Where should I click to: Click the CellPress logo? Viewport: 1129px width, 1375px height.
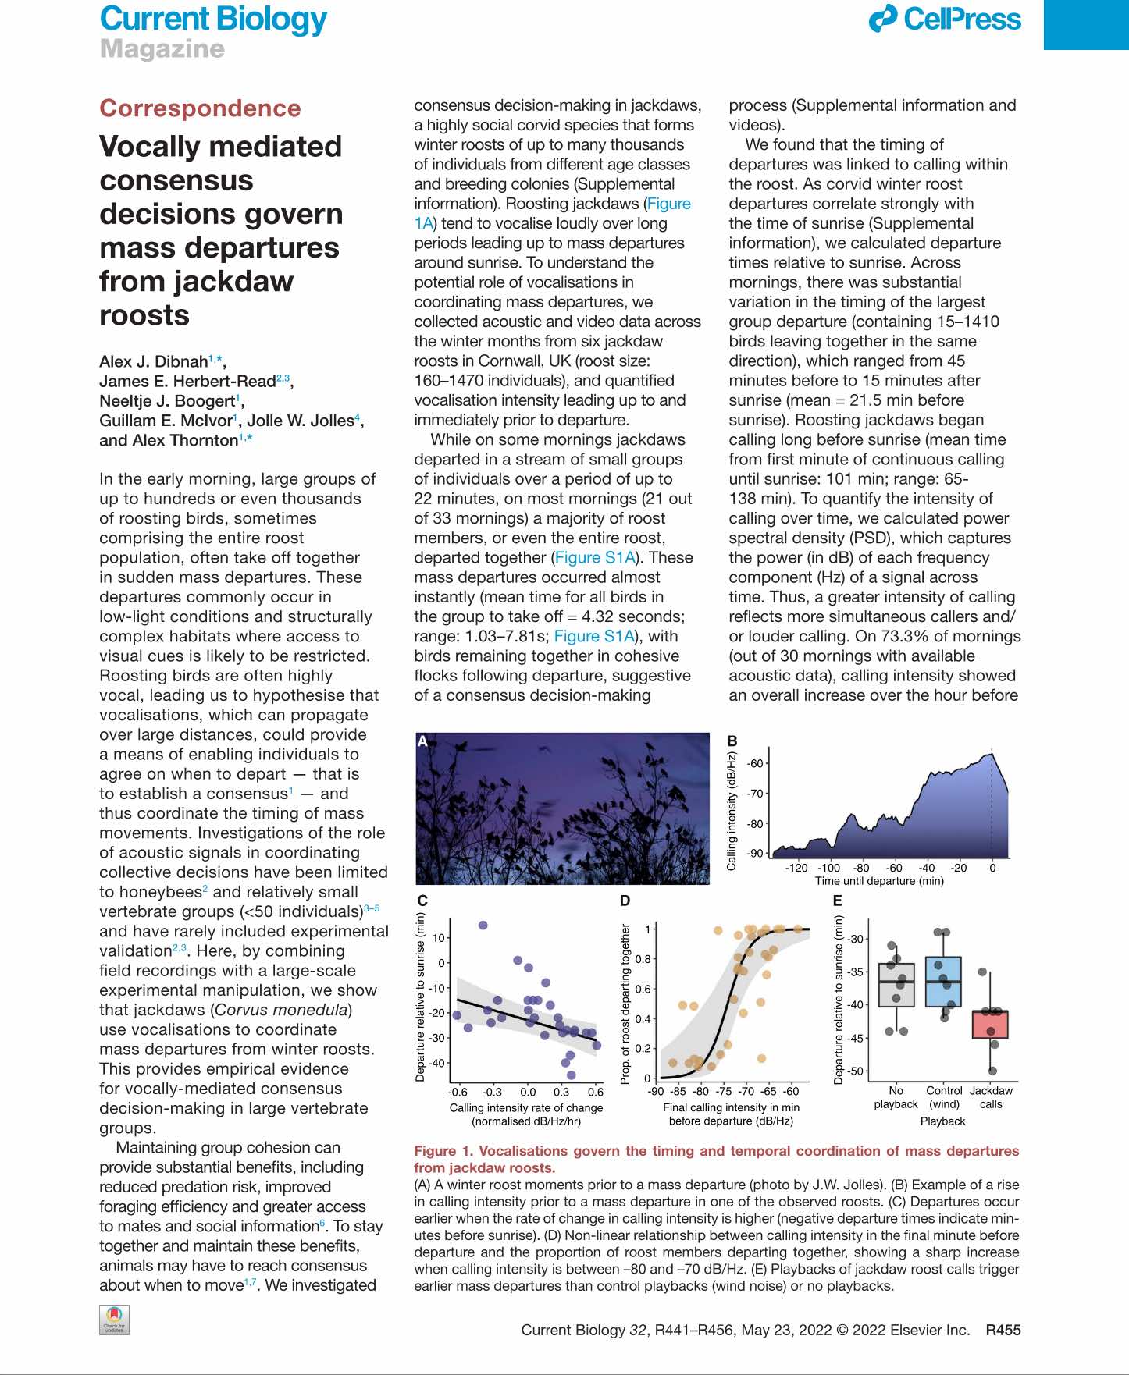coord(945,20)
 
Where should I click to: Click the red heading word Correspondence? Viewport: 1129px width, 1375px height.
coord(200,108)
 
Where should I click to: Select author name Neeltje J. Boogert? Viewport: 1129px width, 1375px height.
coord(166,401)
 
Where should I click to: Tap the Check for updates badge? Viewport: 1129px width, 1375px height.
coord(114,1320)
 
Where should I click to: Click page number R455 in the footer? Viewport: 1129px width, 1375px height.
coord(1003,1331)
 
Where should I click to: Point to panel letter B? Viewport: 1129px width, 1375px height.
coord(732,741)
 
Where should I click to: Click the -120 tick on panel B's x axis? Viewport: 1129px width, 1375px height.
coord(796,868)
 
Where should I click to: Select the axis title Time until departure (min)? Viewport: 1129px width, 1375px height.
coord(879,881)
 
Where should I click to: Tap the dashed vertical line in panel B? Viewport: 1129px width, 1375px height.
coord(992,804)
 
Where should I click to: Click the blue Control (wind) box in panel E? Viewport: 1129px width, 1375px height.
coord(943,982)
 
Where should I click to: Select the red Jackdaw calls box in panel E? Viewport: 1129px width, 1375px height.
coord(990,1025)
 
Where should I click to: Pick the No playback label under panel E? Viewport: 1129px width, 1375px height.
coord(896,1097)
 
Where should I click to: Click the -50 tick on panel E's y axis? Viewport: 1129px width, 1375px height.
coord(856,1071)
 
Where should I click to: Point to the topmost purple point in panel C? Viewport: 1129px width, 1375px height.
coord(483,926)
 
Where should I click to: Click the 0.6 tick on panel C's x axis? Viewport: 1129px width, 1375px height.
coord(596,1092)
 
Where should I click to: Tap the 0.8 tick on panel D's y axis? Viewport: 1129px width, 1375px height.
coord(643,959)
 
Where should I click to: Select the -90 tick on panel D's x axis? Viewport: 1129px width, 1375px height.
coord(656,1092)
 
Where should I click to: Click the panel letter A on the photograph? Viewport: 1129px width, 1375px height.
coord(422,741)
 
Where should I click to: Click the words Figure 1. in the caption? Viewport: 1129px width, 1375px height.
coord(443,1151)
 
